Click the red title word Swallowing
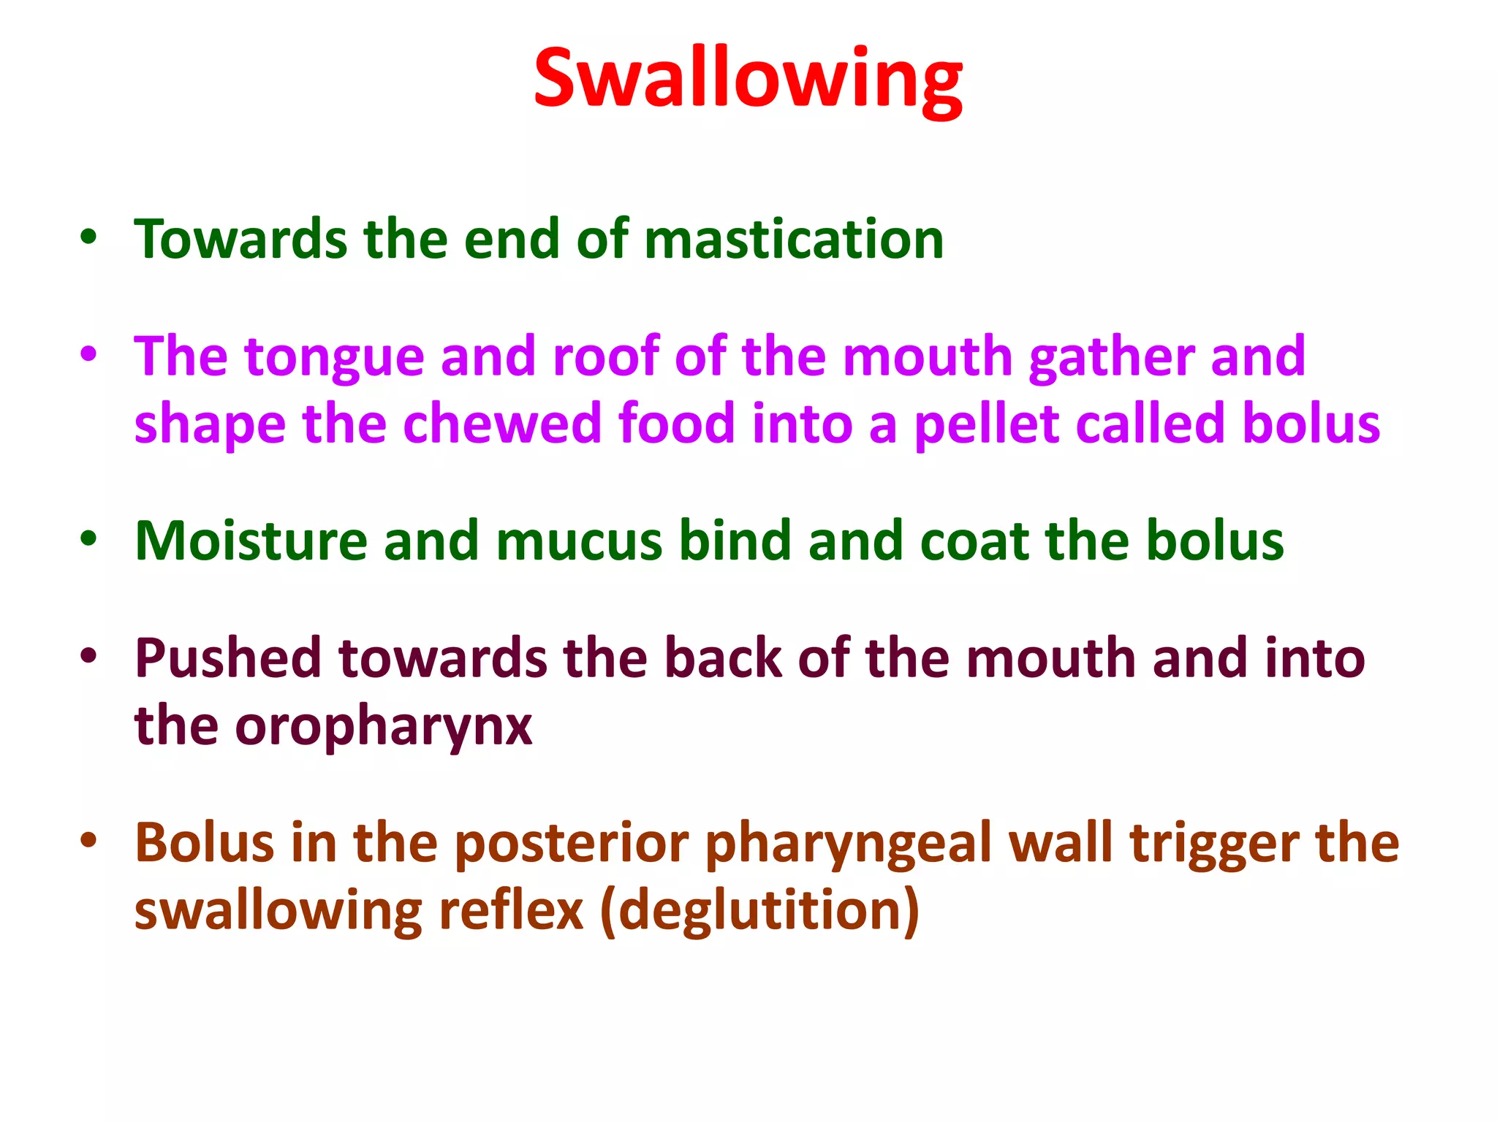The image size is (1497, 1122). (748, 79)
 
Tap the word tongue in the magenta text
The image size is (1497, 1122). (334, 357)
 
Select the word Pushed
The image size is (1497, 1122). (228, 658)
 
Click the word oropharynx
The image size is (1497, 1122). (383, 727)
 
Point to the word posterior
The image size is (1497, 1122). (572, 843)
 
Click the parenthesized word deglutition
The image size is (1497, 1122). (759, 912)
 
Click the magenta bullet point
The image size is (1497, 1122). (88, 355)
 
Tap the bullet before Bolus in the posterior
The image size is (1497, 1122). (88, 840)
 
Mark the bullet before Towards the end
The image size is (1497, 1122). (88, 238)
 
